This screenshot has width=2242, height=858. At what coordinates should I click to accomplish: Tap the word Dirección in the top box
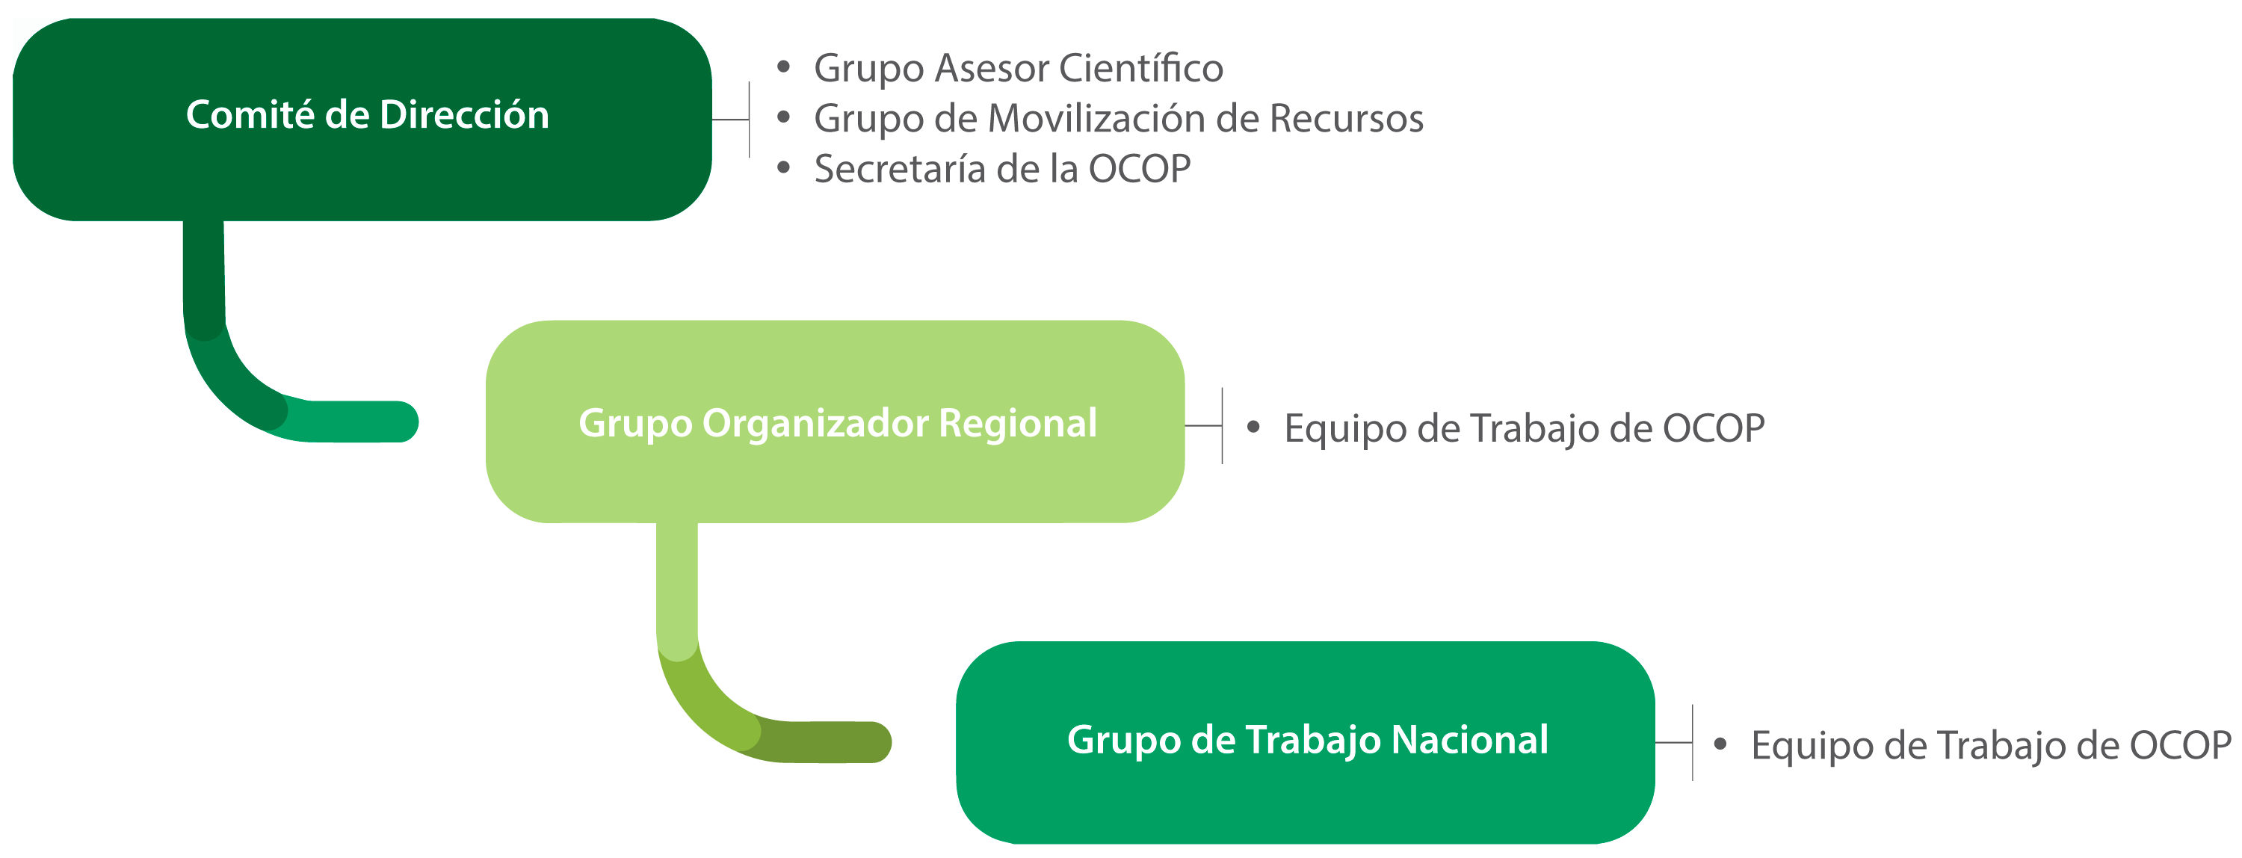[x=464, y=116]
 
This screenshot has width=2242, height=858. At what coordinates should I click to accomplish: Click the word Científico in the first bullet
[x=1141, y=68]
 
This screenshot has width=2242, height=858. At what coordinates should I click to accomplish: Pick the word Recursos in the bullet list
[x=1347, y=118]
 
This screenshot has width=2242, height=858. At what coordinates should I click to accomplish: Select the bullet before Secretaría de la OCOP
[x=783, y=167]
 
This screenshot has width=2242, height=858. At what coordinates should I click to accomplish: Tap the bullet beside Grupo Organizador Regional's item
[x=1253, y=427]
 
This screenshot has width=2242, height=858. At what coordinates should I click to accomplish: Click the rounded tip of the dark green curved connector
[x=401, y=422]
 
